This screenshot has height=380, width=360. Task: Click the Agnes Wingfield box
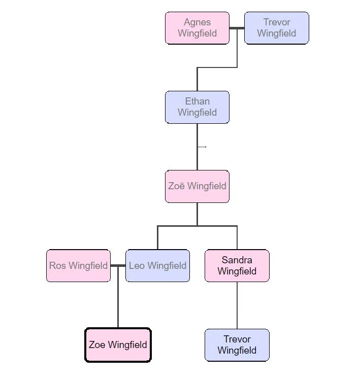click(x=197, y=28)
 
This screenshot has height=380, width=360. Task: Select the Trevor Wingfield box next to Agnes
click(x=277, y=28)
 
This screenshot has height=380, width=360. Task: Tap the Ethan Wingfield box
click(x=197, y=107)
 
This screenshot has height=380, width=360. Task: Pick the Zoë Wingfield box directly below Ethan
click(x=197, y=186)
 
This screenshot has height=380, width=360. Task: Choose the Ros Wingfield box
click(x=78, y=266)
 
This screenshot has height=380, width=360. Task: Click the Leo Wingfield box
click(x=158, y=266)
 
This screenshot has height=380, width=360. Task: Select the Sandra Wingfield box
click(x=237, y=266)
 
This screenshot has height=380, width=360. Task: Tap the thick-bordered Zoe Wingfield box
click(x=118, y=345)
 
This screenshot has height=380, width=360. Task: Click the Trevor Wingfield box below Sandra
click(x=237, y=345)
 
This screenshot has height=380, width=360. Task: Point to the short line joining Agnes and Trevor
click(x=237, y=28)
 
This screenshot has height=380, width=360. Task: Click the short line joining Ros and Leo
click(x=118, y=266)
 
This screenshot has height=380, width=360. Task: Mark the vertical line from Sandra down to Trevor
click(x=237, y=305)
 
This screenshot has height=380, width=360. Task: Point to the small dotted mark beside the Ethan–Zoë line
click(x=202, y=147)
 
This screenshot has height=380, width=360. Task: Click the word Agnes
click(x=197, y=22)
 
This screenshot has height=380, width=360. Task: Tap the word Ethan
click(x=197, y=101)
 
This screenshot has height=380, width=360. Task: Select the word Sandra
click(x=237, y=260)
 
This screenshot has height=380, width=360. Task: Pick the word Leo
click(x=137, y=266)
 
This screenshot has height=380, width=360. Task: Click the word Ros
click(x=57, y=266)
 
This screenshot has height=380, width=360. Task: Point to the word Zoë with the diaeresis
click(x=177, y=186)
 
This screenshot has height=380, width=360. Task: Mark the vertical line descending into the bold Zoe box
click(x=118, y=297)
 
